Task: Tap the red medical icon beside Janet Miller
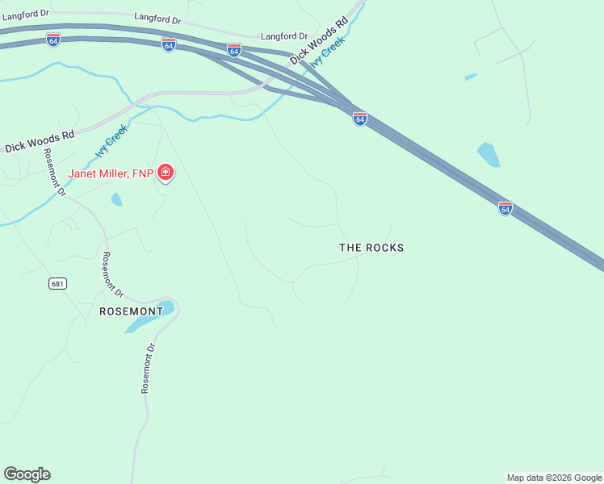(x=166, y=173)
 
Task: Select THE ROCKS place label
(x=371, y=248)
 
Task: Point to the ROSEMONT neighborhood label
(x=131, y=311)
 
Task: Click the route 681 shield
(x=57, y=283)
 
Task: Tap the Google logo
(x=27, y=474)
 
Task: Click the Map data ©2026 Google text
(x=554, y=478)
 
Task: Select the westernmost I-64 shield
(x=52, y=40)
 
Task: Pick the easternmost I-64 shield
(x=505, y=208)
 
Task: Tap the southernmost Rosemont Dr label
(x=148, y=368)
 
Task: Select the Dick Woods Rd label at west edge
(x=40, y=142)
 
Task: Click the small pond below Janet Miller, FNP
(x=116, y=198)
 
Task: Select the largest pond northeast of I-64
(x=488, y=154)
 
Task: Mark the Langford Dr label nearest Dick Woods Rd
(x=284, y=36)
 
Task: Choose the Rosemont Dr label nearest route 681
(x=112, y=274)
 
